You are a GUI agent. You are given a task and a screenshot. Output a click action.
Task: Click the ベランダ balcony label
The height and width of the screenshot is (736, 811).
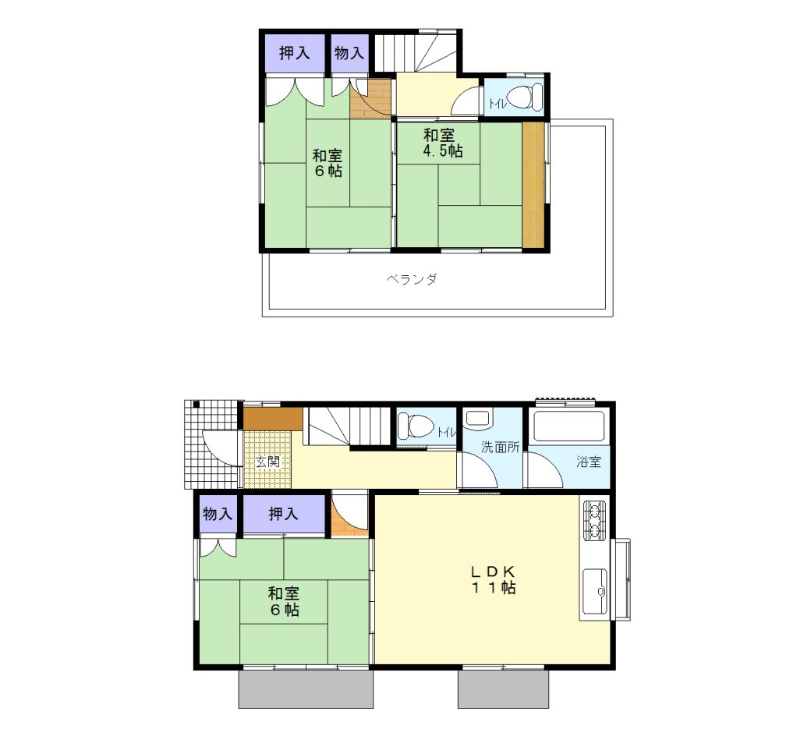[x=412, y=279]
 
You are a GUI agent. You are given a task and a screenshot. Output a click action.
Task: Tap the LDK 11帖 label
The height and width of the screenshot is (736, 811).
[x=493, y=579]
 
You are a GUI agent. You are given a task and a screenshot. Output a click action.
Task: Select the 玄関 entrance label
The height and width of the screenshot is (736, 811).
[x=268, y=462]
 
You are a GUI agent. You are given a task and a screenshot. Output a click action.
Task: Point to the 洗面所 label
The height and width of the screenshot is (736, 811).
[x=500, y=447]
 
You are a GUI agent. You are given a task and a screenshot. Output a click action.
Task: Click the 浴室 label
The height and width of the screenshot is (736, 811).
[x=589, y=462]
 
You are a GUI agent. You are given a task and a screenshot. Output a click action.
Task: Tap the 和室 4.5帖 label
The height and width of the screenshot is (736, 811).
[x=443, y=143]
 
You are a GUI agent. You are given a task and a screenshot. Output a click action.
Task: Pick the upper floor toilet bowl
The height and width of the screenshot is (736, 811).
[x=523, y=97]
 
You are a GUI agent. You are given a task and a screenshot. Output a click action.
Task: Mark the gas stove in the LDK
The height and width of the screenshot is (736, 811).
[x=595, y=520]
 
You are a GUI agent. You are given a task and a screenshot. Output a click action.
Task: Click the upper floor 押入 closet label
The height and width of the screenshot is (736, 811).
[x=294, y=53]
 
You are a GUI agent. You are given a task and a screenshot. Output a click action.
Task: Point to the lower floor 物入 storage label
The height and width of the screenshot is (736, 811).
[x=218, y=514]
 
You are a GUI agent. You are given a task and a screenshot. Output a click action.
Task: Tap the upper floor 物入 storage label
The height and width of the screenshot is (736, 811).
[x=349, y=53]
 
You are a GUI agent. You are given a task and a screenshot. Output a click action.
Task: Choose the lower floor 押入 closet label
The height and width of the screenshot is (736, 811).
[x=283, y=514]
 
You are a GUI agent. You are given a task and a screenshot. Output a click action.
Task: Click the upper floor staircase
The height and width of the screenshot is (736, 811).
[x=416, y=51]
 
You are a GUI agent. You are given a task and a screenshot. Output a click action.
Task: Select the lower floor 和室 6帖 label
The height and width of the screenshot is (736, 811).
[x=283, y=602]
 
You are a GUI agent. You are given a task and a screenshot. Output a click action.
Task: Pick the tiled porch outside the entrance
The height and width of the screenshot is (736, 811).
[x=213, y=445]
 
